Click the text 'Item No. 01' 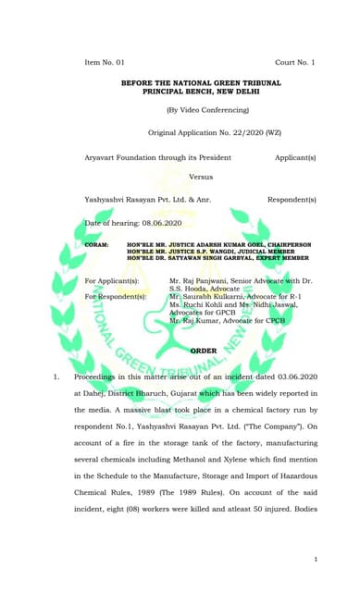(x=104, y=62)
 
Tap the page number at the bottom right (x=316, y=560)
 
